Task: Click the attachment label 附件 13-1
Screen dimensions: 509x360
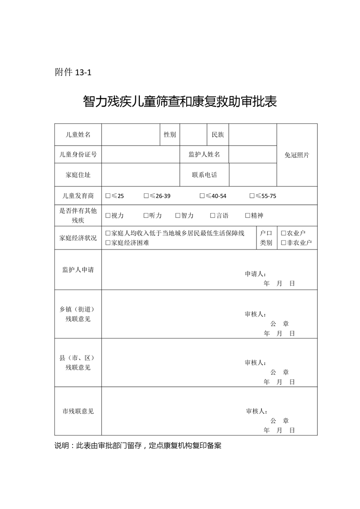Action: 73,72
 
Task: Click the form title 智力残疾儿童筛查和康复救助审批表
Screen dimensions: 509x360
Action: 180,101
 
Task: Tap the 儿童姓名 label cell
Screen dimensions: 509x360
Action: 78,135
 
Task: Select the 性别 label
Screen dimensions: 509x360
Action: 170,135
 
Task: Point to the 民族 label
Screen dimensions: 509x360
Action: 218,135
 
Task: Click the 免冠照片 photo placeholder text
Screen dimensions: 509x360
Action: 297,155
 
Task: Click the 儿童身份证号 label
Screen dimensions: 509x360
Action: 78,155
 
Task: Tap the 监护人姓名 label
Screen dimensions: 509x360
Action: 204,155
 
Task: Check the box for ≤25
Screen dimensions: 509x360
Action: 108,196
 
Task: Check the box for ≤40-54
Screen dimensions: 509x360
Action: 202,196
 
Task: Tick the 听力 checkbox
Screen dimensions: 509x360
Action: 146,216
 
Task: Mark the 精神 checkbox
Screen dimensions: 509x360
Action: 248,216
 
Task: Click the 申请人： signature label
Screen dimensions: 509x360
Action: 256,274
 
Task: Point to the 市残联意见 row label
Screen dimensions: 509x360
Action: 78,411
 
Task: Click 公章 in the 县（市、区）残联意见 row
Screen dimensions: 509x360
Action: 280,372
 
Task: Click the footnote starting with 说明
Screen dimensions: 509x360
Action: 138,445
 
